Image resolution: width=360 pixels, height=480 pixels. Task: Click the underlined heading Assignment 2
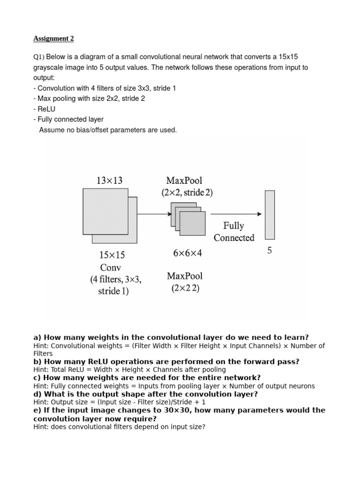tap(53, 38)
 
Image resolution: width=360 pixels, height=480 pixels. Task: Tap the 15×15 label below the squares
tap(112, 255)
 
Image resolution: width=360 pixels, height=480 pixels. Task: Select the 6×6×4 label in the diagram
tap(187, 253)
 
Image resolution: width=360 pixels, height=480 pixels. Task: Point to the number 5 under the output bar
tap(270, 251)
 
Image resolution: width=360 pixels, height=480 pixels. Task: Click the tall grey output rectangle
tap(270, 215)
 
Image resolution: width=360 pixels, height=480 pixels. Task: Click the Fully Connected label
tap(234, 232)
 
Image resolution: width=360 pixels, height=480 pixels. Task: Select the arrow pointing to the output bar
tap(236, 214)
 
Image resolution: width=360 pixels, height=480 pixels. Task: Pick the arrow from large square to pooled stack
tap(150, 214)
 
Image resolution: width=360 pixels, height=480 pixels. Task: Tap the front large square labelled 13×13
tap(105, 211)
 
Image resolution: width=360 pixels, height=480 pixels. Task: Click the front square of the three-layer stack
tap(192, 224)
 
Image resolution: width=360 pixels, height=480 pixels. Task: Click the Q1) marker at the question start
tap(38, 57)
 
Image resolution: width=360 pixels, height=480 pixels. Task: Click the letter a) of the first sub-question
tap(37, 337)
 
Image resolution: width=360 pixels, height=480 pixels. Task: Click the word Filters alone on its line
tap(43, 354)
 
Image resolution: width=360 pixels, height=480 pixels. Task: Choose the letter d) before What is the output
tap(37, 394)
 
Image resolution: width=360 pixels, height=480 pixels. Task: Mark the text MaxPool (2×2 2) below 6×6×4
tap(185, 282)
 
